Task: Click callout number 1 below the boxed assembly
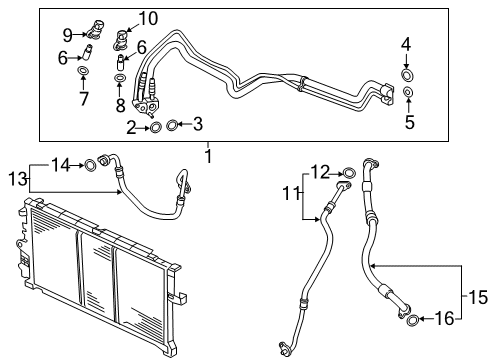(x=208, y=156)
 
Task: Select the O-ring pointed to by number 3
(x=172, y=125)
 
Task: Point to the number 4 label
(x=405, y=44)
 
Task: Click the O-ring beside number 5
(x=408, y=93)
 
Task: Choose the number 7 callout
(x=82, y=100)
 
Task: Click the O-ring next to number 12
(x=347, y=172)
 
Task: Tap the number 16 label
(x=446, y=320)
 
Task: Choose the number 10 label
(x=147, y=17)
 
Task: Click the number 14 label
(x=60, y=164)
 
